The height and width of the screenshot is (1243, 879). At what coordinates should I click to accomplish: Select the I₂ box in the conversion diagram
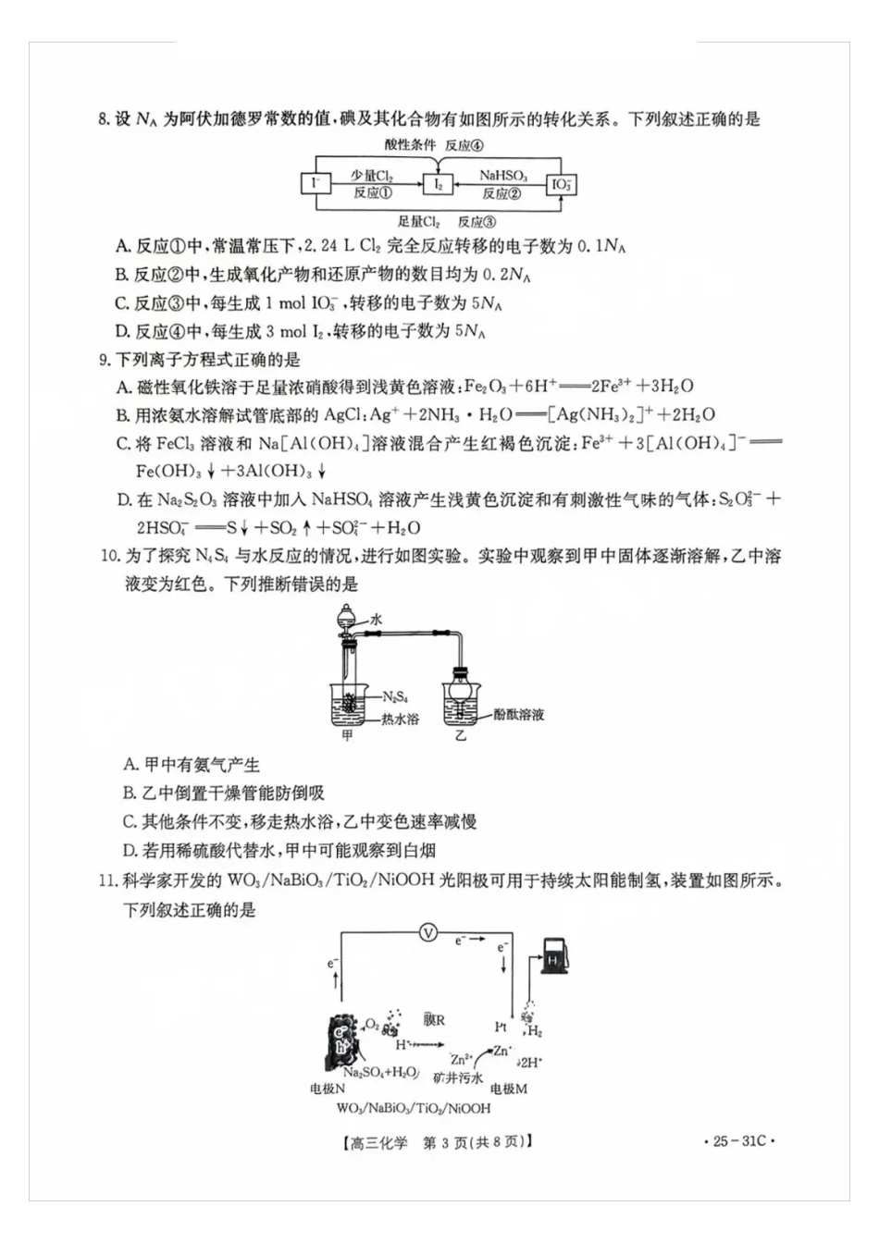click(439, 184)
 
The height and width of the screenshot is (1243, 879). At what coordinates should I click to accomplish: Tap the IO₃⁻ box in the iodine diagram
click(561, 184)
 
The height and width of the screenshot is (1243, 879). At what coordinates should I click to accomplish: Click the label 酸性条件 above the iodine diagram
click(410, 145)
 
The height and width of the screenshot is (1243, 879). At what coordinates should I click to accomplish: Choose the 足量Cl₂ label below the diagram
click(418, 222)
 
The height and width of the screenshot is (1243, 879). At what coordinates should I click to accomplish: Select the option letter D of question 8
click(122, 331)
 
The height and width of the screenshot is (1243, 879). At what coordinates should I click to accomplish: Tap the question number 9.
click(105, 359)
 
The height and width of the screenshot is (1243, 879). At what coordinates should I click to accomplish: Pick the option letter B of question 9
click(122, 415)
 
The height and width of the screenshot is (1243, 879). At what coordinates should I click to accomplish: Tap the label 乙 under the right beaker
click(460, 737)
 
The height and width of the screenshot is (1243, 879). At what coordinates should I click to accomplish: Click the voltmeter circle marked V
click(428, 932)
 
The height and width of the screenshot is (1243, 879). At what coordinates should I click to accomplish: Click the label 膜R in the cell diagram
click(434, 1020)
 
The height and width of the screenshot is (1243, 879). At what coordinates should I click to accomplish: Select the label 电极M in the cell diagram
click(508, 1089)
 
